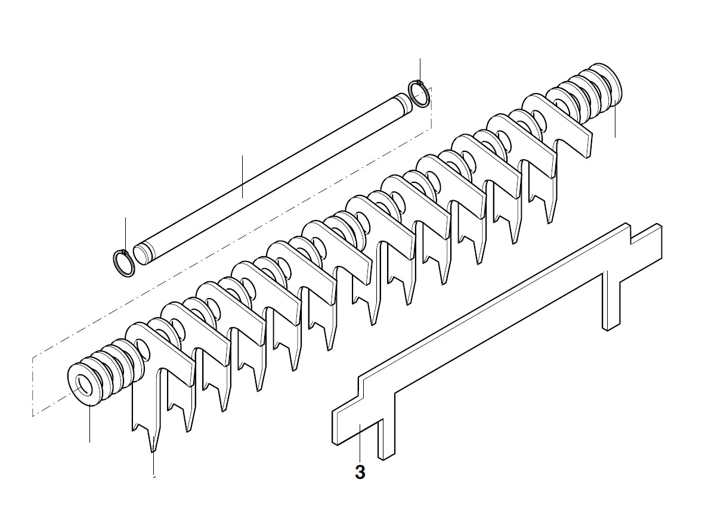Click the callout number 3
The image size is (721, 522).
pyautogui.click(x=360, y=473)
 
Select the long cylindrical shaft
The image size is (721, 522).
pyautogui.click(x=268, y=173)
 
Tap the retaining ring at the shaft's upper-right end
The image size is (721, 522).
pyautogui.click(x=419, y=94)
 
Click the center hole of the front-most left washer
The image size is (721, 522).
pyautogui.click(x=82, y=385)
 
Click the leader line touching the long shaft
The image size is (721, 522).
pyautogui.click(x=242, y=176)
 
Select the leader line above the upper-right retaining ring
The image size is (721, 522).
pyautogui.click(x=420, y=69)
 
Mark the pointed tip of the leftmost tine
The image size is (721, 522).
pyautogui.click(x=153, y=450)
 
